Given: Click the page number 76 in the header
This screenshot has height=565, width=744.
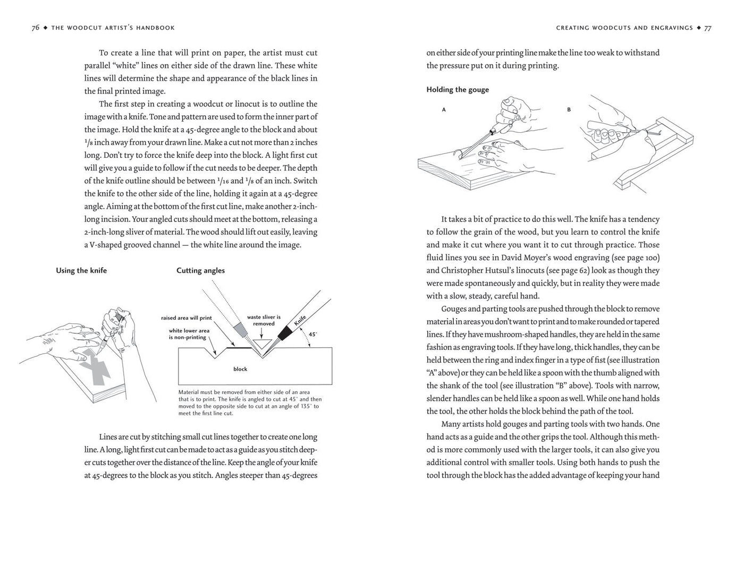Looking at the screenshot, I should point(36,28).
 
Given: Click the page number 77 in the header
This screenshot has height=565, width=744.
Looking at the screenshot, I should point(708,28).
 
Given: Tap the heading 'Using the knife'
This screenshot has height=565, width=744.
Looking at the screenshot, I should point(81,270).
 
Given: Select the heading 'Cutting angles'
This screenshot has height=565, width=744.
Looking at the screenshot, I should point(200,270).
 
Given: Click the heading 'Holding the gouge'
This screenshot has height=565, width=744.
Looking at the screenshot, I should point(457,90).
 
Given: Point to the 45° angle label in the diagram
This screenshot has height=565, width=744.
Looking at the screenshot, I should point(313,335).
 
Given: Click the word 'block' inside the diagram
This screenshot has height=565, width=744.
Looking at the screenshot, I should point(240,369).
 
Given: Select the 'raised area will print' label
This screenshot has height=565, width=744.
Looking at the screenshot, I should point(187,318).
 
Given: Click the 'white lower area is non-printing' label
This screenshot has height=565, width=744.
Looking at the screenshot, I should point(189,333).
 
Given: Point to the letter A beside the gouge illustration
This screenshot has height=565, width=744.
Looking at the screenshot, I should point(444,110).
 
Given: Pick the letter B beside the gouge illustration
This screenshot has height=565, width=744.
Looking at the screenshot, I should point(569,110).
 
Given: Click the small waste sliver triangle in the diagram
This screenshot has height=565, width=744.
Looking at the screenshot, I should point(260,337).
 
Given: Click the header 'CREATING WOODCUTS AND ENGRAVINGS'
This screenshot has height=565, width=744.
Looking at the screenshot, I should point(624,28).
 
